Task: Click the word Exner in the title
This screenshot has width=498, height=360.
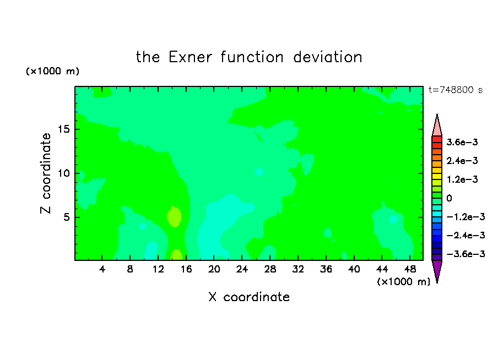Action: tap(190, 57)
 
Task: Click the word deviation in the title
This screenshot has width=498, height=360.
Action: tap(327, 57)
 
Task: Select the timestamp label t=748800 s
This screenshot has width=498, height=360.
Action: tap(456, 90)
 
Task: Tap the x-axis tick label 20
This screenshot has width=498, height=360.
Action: tap(214, 269)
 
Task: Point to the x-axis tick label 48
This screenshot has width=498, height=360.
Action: tap(410, 269)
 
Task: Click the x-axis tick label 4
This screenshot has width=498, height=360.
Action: tap(102, 269)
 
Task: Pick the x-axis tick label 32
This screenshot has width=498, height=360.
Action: tap(298, 269)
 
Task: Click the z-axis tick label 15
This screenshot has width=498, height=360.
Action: tap(63, 129)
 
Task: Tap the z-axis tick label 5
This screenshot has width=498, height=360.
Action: tap(66, 217)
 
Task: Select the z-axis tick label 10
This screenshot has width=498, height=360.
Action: tap(63, 173)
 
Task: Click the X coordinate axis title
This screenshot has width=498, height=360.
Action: tap(249, 297)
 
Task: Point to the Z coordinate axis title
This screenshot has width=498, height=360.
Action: tap(45, 173)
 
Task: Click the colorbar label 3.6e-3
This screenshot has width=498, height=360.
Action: tap(462, 142)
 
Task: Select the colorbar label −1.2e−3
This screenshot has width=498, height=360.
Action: tap(465, 217)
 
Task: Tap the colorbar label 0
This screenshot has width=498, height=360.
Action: tap(449, 198)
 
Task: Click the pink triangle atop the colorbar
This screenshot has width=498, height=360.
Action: tap(437, 125)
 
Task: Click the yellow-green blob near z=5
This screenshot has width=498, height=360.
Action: tap(174, 216)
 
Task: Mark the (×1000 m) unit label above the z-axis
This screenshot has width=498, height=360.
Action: tap(52, 71)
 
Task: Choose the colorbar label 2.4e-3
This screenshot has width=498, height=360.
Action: tap(462, 161)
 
